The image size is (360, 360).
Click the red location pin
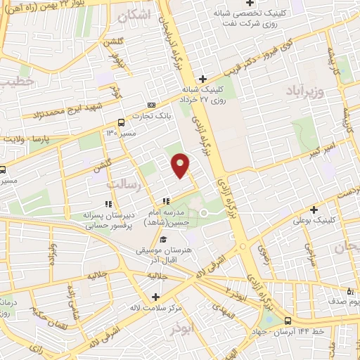tap(181, 164)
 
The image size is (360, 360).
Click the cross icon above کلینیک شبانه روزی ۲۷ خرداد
tap(202, 79)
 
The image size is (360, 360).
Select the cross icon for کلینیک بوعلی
tap(314, 209)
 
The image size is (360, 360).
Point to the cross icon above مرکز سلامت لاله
tap(155, 297)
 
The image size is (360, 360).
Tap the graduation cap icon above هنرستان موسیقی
tap(164, 240)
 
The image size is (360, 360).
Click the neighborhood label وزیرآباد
tap(305, 91)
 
